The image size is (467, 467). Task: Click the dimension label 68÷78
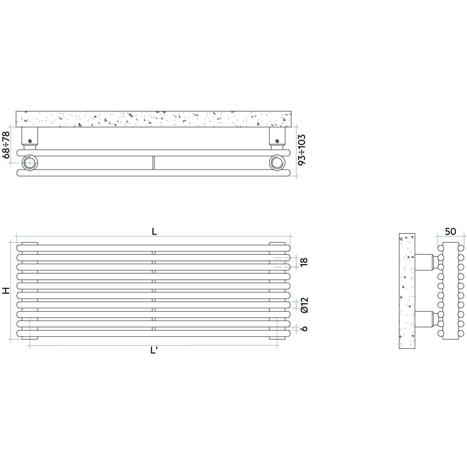[6, 145]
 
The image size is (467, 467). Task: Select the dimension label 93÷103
[302, 150]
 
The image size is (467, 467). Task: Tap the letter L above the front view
[154, 232]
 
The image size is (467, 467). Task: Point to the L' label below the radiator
[154, 350]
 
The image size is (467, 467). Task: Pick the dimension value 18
[304, 262]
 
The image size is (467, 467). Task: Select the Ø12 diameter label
[304, 305]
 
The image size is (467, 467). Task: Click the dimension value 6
[304, 328]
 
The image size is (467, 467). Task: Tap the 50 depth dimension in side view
[451, 232]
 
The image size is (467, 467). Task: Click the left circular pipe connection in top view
[30, 163]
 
